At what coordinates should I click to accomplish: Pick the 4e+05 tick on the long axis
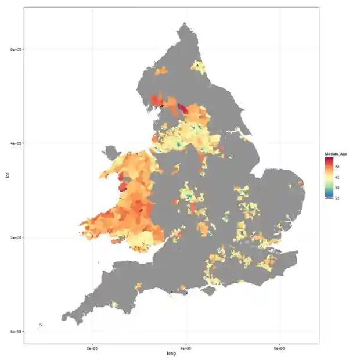tap(186, 348)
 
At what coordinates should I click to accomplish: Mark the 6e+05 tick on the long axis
tap(280, 348)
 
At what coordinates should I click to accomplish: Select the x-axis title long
tap(171, 354)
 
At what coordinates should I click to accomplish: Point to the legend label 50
tap(337, 167)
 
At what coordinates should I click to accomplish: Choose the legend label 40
tap(337, 177)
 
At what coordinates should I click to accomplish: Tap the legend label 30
tap(337, 188)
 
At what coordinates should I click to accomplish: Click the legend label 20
tap(337, 198)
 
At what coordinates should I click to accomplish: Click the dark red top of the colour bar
tap(329, 159)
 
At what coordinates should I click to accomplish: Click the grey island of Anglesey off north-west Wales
tap(109, 154)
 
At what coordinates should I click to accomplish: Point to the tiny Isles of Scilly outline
tap(41, 325)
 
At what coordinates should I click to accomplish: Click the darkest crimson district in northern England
tap(183, 108)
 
